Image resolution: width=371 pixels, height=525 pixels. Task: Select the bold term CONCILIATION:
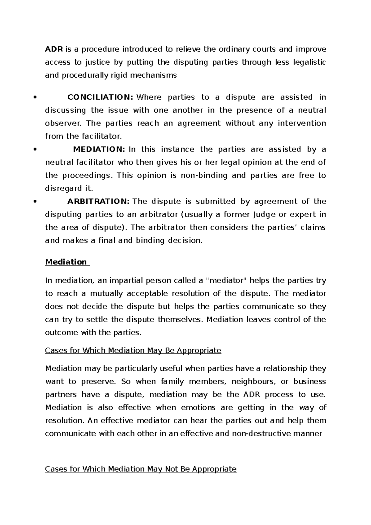pos(100,97)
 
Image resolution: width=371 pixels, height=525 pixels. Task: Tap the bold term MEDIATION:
pos(99,149)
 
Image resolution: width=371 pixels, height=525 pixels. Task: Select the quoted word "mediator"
pos(226,280)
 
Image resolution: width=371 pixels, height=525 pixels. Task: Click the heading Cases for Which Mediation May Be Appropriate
pos(133,350)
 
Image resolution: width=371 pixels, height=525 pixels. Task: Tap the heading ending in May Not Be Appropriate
pos(141,469)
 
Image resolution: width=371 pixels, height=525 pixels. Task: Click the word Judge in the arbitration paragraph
pos(264,214)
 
